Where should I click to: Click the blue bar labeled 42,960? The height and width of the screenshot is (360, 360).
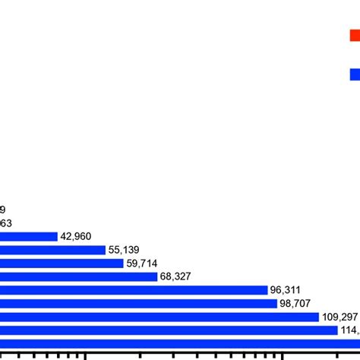click(29, 236)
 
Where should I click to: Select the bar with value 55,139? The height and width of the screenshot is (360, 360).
click(52, 250)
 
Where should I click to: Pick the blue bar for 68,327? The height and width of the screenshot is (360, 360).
click(78, 276)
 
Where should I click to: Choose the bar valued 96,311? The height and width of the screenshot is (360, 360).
click(134, 290)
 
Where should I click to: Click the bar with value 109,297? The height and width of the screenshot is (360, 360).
click(159, 317)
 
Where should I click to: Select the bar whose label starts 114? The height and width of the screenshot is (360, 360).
click(169, 330)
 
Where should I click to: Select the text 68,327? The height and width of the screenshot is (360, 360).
click(177, 276)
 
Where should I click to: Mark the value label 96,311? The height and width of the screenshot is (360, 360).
click(288, 290)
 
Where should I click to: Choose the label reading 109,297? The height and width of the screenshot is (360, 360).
click(339, 317)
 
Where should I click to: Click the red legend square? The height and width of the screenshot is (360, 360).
click(355, 35)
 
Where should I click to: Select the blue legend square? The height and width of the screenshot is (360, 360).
click(355, 74)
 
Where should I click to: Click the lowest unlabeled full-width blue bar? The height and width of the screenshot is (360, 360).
click(180, 343)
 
